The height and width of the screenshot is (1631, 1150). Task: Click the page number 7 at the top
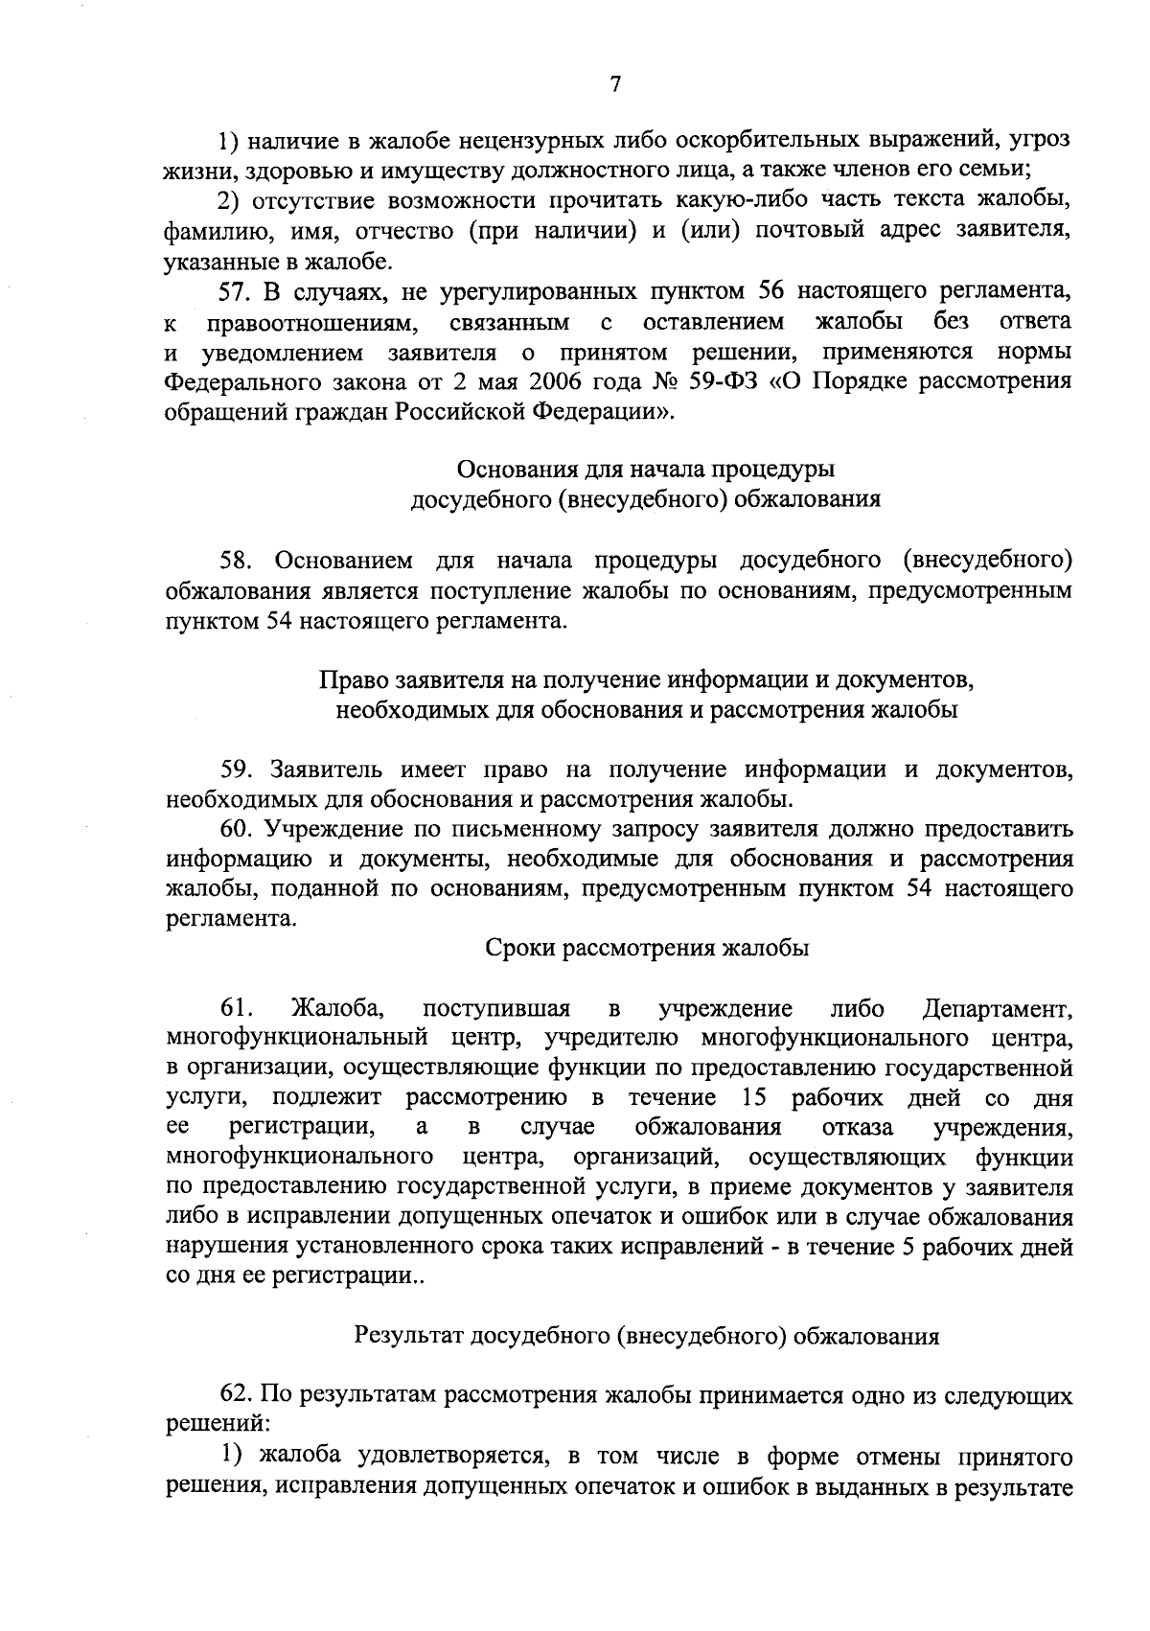[615, 84]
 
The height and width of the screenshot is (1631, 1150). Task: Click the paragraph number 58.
[238, 560]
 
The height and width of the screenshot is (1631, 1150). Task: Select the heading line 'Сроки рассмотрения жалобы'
[648, 949]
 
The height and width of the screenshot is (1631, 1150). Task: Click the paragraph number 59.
[236, 769]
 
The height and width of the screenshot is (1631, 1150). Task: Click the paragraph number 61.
[237, 1008]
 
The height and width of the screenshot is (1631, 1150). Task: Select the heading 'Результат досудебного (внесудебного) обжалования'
[647, 1336]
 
